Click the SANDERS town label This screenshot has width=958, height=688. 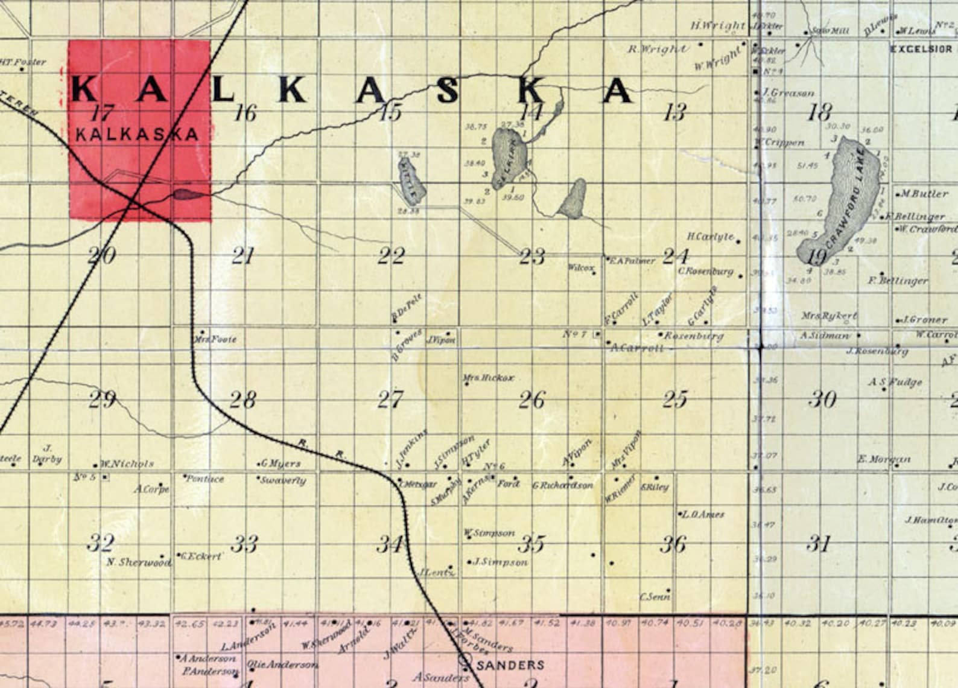tap(510, 665)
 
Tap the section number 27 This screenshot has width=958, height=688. tap(390, 400)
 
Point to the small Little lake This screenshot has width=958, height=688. tap(412, 181)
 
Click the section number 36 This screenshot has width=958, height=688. tap(673, 544)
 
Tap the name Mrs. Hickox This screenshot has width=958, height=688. tap(489, 378)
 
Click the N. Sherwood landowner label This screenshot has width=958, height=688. tap(138, 562)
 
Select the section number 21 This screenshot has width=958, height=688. tap(243, 256)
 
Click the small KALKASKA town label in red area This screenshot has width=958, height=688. tap(137, 134)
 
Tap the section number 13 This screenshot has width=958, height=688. tap(674, 112)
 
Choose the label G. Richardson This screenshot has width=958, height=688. tap(563, 485)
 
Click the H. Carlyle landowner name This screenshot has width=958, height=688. tap(711, 237)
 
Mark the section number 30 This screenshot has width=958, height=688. tap(822, 400)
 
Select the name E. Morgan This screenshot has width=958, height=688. tap(884, 459)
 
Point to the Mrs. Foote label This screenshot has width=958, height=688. tap(215, 340)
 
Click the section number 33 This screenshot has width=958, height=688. tap(245, 544)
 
